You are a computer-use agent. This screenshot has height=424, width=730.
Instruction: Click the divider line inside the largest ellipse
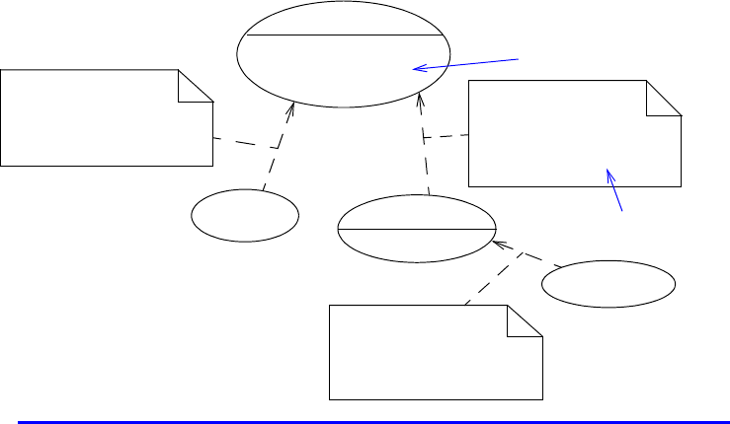point(343,35)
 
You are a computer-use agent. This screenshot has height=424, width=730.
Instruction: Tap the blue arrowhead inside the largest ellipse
point(416,68)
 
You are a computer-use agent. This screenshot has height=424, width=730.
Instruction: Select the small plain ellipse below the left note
point(245,215)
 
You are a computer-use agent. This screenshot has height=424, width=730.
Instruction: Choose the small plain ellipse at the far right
point(608,285)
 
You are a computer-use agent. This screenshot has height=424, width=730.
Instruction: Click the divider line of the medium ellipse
point(416,229)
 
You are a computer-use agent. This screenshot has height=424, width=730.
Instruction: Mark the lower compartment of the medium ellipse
point(416,245)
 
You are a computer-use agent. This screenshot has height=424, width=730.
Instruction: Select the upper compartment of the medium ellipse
point(416,212)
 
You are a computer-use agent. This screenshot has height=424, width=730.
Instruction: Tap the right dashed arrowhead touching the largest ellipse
point(421,97)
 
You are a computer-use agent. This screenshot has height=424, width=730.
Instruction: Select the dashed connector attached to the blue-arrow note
point(446,137)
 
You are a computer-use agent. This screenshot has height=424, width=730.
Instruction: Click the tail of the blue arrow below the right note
point(621,210)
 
